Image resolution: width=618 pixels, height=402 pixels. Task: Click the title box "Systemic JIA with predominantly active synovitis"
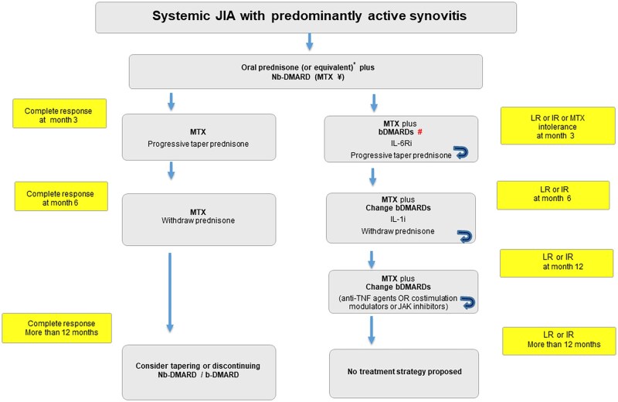(x=306, y=17)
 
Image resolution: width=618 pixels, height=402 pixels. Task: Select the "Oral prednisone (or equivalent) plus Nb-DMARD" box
(x=306, y=71)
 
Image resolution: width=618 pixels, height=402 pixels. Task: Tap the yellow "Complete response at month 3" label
(x=59, y=114)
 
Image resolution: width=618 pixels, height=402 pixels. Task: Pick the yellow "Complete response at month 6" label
(x=61, y=196)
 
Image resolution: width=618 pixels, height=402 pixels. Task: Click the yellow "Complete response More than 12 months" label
(x=56, y=329)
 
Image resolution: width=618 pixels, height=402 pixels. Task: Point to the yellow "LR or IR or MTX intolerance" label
(x=558, y=125)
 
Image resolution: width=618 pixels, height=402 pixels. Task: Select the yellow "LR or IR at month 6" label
(x=553, y=196)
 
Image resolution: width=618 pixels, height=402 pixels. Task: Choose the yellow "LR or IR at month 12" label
(x=556, y=263)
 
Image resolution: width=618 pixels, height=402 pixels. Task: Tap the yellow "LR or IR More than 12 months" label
(x=559, y=341)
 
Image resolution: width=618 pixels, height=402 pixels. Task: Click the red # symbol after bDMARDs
(x=419, y=131)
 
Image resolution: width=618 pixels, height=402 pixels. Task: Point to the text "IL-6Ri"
(x=401, y=143)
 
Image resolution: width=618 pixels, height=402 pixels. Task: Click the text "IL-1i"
(x=398, y=219)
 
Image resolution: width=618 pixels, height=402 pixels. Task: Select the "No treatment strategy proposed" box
(x=404, y=373)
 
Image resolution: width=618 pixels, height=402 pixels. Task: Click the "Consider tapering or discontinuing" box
(x=199, y=373)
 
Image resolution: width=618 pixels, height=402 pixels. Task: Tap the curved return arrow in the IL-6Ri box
(x=460, y=152)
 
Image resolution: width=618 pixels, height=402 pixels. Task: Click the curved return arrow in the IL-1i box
(x=464, y=237)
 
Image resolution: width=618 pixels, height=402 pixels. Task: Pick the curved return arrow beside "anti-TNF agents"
(x=468, y=302)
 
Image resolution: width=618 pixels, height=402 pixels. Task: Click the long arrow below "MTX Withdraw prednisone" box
(x=170, y=292)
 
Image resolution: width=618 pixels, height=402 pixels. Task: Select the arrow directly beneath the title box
(x=310, y=42)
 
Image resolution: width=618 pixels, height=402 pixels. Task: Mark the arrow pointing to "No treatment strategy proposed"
(x=372, y=331)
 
